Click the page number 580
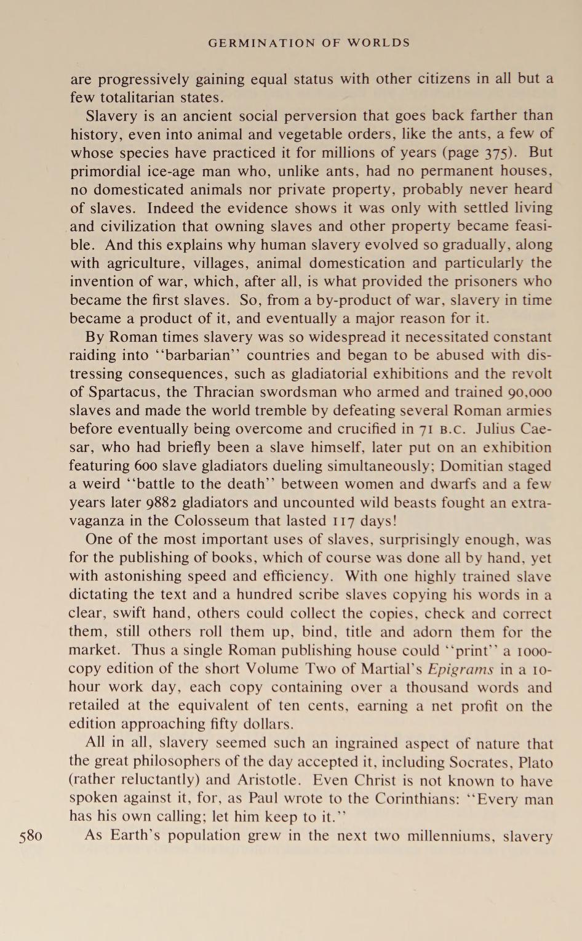click(x=31, y=836)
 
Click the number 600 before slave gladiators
click(x=147, y=466)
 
